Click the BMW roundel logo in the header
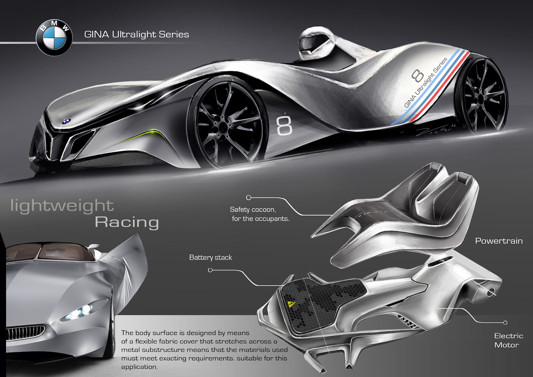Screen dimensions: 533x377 pyautogui.click(x=54, y=37)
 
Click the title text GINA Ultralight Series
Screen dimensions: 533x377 pyautogui.click(x=137, y=34)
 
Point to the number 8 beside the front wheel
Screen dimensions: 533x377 pyautogui.click(x=284, y=125)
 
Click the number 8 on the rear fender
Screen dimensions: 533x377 pyautogui.click(x=417, y=75)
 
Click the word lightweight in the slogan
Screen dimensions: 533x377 pyautogui.click(x=62, y=206)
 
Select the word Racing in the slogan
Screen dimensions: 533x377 pyautogui.click(x=127, y=222)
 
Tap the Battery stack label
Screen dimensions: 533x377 pyautogui.click(x=211, y=257)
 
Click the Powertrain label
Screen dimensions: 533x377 pyautogui.click(x=499, y=241)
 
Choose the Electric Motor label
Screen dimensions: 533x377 pyautogui.click(x=508, y=340)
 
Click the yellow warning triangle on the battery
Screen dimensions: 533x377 pyautogui.click(x=292, y=304)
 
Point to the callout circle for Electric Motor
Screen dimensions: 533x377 pyautogui.click(x=505, y=323)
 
